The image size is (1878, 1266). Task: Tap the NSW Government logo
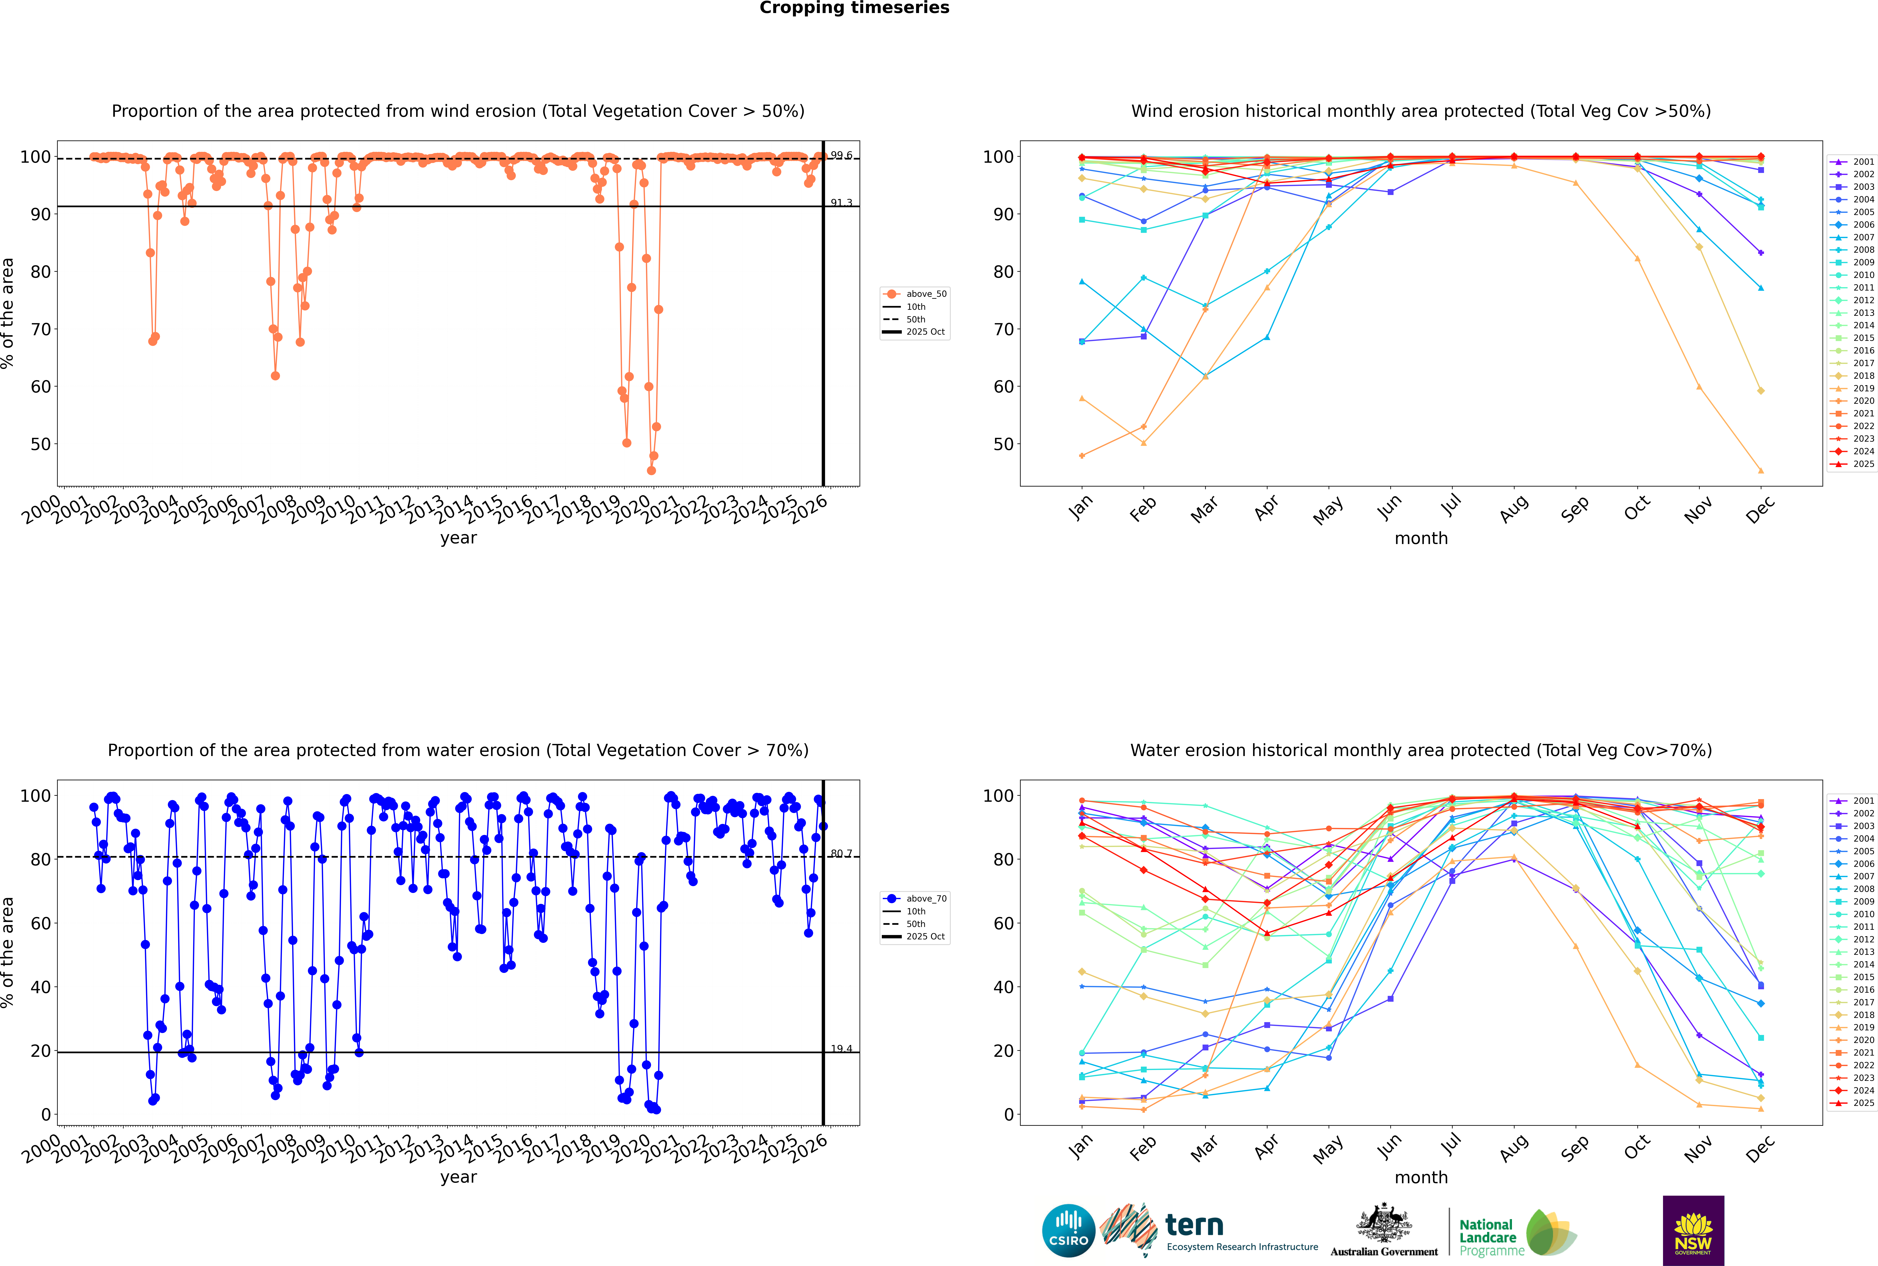(1693, 1230)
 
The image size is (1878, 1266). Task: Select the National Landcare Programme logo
(1516, 1233)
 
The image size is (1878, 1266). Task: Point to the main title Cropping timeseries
(854, 8)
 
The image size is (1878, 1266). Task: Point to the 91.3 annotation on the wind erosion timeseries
(841, 203)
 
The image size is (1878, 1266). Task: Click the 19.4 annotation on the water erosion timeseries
(841, 1049)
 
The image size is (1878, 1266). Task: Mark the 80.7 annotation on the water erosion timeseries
(841, 853)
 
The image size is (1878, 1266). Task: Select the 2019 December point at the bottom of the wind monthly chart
(1761, 471)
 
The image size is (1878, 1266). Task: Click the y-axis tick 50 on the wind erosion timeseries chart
(40, 444)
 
